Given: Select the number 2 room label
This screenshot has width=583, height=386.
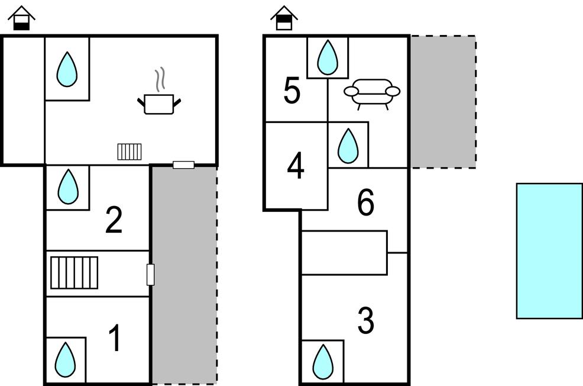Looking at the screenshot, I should pos(114,220).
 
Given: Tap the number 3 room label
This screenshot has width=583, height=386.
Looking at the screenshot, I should pos(366,320).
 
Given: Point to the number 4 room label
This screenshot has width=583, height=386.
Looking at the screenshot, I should pos(296,166).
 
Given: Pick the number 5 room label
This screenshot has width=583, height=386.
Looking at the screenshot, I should pos(292,91).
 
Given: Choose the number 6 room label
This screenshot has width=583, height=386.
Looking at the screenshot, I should pos(366,202).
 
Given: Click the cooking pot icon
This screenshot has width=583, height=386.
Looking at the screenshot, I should pos(159,104).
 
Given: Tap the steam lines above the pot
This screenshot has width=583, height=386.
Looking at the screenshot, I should pos(160,79).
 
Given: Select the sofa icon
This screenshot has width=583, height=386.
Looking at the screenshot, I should pos(372,94).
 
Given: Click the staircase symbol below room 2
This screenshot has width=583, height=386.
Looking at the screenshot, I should pos(74,272).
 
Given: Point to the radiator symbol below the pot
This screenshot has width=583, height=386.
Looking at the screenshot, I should pos(129,152).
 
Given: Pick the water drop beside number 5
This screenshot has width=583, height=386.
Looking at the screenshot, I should pos(328,57).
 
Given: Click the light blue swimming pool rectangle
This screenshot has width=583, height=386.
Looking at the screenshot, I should pos(549,251).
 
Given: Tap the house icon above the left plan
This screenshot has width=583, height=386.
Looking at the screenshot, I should pos(22,18).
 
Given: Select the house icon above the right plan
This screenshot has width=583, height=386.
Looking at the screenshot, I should pos(284,18).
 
